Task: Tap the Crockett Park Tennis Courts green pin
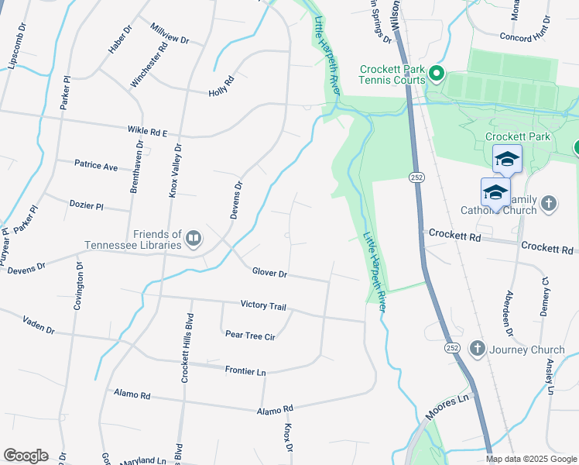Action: pyautogui.click(x=436, y=74)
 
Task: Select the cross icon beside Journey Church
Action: pyautogui.click(x=477, y=349)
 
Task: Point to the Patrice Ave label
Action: pyautogui.click(x=96, y=166)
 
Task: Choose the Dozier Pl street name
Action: pyautogui.click(x=85, y=206)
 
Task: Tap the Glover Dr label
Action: pyautogui.click(x=269, y=273)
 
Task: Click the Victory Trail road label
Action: pyautogui.click(x=263, y=305)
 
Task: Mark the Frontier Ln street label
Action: pyautogui.click(x=245, y=370)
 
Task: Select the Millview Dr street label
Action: pyautogui.click(x=170, y=34)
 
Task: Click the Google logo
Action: pyautogui.click(x=26, y=456)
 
